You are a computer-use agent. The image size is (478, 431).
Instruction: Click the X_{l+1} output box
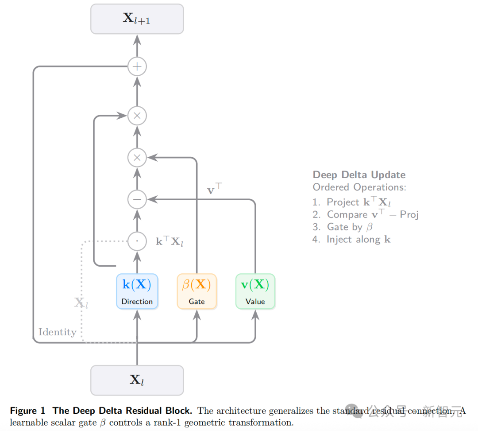(x=137, y=19)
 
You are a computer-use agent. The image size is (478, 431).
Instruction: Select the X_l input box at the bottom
(x=137, y=380)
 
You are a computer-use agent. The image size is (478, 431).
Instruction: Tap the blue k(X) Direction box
(x=137, y=291)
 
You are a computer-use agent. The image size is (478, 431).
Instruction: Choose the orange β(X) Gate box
(x=197, y=291)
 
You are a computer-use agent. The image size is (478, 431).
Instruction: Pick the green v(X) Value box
(x=255, y=291)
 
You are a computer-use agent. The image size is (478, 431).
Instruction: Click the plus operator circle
(x=137, y=67)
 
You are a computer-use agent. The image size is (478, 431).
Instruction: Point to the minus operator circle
(x=137, y=200)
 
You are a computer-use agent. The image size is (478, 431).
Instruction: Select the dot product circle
(x=137, y=241)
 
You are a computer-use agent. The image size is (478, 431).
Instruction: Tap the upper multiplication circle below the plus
(x=137, y=116)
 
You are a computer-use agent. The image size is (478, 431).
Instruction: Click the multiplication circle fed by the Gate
(x=137, y=157)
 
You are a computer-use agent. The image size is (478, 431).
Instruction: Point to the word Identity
(x=57, y=332)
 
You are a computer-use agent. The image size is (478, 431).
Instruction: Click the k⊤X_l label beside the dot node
(x=169, y=242)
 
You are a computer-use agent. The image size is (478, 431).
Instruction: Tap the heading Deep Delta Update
(x=359, y=175)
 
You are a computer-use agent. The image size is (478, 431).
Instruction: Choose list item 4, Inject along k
(x=351, y=239)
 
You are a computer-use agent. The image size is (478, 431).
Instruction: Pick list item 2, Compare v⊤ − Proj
(x=365, y=214)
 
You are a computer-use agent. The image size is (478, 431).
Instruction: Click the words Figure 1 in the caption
(x=27, y=411)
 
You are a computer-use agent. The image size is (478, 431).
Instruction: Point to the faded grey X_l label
(x=81, y=303)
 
